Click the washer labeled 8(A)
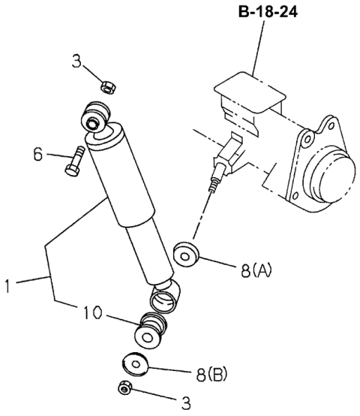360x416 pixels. [184, 254]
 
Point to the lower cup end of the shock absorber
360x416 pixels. [165, 295]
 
